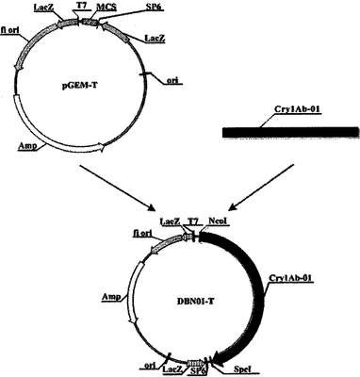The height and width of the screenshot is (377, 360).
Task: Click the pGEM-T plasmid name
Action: (79, 85)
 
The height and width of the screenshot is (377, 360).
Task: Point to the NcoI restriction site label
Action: (219, 221)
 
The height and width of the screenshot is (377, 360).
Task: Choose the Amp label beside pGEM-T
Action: (27, 146)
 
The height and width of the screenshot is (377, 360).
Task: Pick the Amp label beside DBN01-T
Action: (111, 297)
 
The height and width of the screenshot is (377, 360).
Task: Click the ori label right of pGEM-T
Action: (172, 80)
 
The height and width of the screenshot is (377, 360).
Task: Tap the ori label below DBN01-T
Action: (150, 368)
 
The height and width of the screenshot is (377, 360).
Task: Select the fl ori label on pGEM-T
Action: (11, 33)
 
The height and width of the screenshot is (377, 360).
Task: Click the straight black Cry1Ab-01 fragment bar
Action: (290, 133)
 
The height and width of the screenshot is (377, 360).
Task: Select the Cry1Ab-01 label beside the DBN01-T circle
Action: (291, 279)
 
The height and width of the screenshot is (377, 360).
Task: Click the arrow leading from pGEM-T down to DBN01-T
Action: (118, 188)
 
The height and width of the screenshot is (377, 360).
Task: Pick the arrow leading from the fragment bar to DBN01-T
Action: (262, 188)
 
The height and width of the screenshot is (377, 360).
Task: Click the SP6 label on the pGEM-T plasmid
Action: (153, 8)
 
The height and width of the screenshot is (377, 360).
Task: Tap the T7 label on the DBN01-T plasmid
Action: (192, 221)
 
